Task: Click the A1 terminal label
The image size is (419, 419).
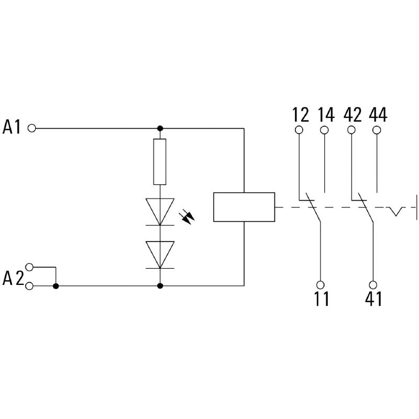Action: point(12,127)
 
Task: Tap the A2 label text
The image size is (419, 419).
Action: point(13,278)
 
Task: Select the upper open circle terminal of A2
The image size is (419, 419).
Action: point(30,267)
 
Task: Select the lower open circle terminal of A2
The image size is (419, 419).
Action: point(30,286)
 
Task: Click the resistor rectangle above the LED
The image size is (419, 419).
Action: point(160,162)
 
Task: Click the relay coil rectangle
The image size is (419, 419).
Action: point(244,207)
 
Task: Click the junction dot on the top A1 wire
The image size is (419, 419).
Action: point(160,128)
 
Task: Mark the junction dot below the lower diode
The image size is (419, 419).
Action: point(160,286)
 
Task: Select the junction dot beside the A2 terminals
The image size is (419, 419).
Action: point(56,286)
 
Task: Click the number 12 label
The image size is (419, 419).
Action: point(300,114)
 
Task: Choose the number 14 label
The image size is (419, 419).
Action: point(325,114)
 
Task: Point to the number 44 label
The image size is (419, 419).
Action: point(378,114)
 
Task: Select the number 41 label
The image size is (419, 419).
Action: point(373,299)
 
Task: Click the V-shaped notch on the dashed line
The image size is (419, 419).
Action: point(396,211)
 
